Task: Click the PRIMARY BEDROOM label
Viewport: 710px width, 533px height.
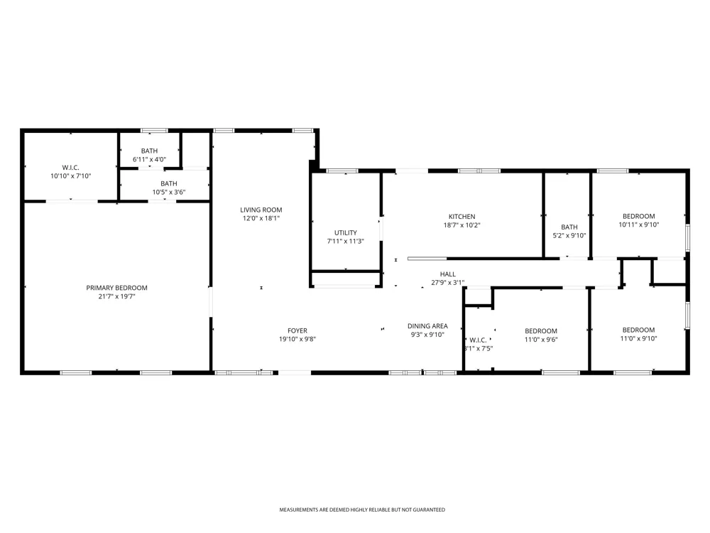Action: click(x=117, y=288)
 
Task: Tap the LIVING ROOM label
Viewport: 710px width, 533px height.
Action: click(x=261, y=210)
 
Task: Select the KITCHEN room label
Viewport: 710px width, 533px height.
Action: click(x=462, y=217)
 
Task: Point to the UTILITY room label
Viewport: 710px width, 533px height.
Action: click(x=346, y=232)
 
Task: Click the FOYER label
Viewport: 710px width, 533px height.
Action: click(x=297, y=331)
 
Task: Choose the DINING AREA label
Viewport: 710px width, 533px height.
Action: click(x=427, y=326)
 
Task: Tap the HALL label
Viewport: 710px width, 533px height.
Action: click(x=448, y=274)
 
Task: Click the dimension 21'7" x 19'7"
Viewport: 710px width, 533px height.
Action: click(x=117, y=296)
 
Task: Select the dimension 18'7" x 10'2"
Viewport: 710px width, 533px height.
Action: click(x=462, y=225)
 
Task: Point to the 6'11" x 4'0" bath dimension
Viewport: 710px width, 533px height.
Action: click(x=149, y=159)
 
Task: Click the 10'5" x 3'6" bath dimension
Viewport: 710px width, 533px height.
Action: click(x=169, y=192)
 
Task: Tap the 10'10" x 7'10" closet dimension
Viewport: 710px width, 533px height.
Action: click(x=70, y=176)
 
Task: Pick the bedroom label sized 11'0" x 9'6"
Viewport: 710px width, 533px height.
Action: click(x=541, y=331)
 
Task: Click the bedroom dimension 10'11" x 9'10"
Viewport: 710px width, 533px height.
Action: click(x=639, y=225)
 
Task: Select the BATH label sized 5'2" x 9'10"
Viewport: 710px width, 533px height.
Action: click(x=569, y=227)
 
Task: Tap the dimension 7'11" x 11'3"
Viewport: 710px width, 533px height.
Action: click(x=346, y=241)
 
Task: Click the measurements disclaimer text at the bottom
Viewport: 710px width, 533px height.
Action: click(x=362, y=510)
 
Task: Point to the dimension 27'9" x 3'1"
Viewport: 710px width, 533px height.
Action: click(x=448, y=283)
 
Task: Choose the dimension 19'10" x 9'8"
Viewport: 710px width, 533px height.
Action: click(x=297, y=339)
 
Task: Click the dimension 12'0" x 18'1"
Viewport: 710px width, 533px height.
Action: click(x=261, y=218)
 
